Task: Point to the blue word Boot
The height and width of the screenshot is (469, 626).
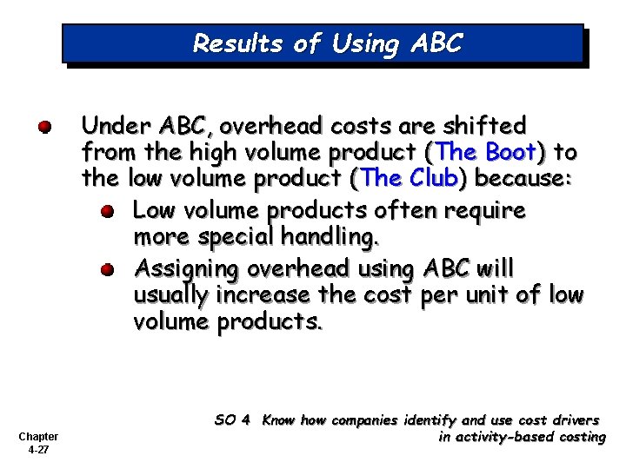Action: pos(510,153)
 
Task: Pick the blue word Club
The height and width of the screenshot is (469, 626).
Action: pos(431,180)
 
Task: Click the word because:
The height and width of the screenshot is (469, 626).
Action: pos(522,180)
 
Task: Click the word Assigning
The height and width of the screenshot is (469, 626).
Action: pos(184,268)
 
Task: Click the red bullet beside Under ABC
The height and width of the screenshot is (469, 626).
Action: pos(44,128)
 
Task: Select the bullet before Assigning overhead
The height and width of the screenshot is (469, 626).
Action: pos(106,268)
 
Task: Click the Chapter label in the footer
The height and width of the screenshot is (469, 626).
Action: pos(37,436)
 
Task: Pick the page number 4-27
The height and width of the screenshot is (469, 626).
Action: pos(37,450)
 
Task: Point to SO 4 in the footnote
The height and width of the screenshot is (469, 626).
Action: pos(232,420)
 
